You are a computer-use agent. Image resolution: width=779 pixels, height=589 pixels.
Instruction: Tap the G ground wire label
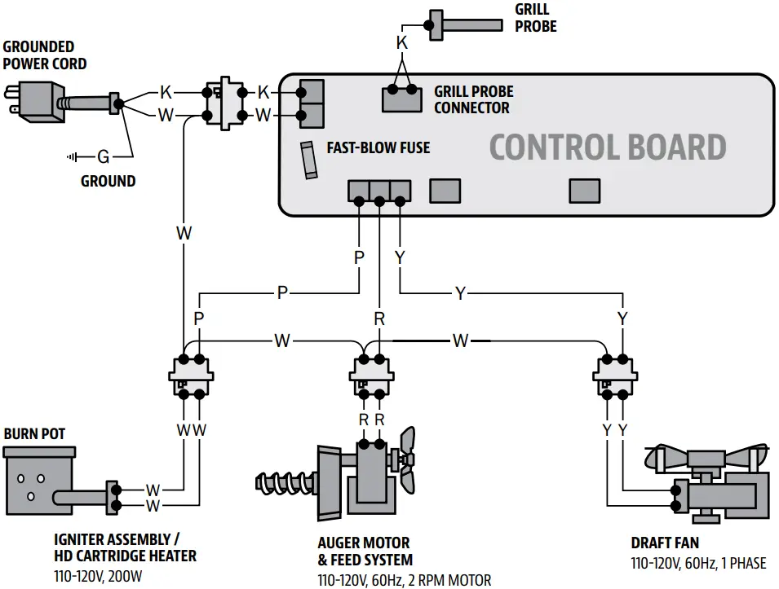(x=103, y=156)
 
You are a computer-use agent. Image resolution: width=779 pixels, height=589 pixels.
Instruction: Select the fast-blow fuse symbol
(x=308, y=160)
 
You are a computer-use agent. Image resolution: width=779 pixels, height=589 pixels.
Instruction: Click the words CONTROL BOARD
(x=607, y=147)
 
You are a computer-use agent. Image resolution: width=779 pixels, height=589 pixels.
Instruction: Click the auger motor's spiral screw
(x=285, y=482)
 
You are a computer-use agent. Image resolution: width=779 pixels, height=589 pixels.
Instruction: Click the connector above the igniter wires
(x=191, y=376)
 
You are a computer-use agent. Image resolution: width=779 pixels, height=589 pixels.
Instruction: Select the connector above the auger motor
(x=372, y=376)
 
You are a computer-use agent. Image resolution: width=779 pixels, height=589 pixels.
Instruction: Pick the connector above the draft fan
(x=615, y=376)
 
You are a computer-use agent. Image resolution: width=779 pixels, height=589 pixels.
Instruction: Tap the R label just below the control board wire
(x=379, y=319)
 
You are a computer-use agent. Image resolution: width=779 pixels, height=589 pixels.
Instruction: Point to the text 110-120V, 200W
(x=103, y=575)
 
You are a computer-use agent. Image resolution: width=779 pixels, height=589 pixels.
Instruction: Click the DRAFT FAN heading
(x=664, y=543)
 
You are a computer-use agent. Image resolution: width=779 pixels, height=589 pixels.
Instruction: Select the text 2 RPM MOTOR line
(x=405, y=580)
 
